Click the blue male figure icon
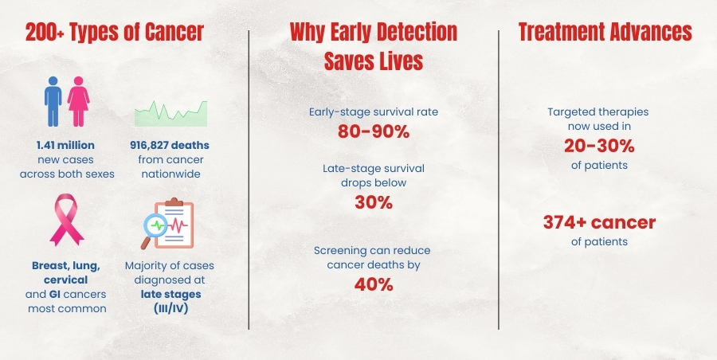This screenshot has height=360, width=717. click(53, 101)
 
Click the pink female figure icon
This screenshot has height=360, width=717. click(79, 101)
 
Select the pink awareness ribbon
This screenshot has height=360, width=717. click(67, 220)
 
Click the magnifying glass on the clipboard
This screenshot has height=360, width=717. click(155, 229)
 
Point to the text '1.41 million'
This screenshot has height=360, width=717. click(65, 146)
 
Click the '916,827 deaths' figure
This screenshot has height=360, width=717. click(170, 146)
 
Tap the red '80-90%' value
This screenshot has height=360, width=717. click(373, 131)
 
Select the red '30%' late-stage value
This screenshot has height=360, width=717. click(374, 202)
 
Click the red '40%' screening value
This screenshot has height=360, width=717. click(374, 284)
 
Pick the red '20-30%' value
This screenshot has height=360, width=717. click(599, 146)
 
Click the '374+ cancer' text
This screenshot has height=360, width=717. click(599, 223)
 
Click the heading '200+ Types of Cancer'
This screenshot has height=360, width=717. click(115, 33)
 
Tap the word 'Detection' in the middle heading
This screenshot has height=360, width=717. click(409, 33)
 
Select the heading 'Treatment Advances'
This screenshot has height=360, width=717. click(605, 33)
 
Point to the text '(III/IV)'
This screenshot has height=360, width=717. click(171, 308)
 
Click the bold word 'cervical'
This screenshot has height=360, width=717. click(66, 280)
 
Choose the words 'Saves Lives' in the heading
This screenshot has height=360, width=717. click(374, 61)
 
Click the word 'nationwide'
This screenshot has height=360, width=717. click(170, 174)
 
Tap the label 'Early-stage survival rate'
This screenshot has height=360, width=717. click(374, 112)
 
